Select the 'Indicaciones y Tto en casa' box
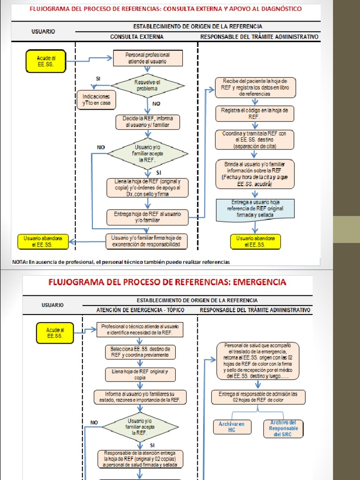pyautogui.click(x=96, y=99)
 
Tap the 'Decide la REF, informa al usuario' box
pyautogui.click(x=148, y=122)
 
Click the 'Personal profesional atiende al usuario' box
pyautogui.click(x=148, y=58)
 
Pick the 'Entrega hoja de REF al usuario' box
pyautogui.click(x=148, y=217)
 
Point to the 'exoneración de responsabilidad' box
pyautogui.click(x=147, y=241)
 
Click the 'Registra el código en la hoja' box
pyautogui.click(x=255, y=113)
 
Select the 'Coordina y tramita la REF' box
pyautogui.click(x=255, y=140)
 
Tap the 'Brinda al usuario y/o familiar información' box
pyautogui.click(x=255, y=174)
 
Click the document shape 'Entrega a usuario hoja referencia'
pyautogui.click(x=255, y=209)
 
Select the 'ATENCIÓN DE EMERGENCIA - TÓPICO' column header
pyautogui.click(x=139, y=310)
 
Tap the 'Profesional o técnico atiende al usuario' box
pyautogui.click(x=140, y=330)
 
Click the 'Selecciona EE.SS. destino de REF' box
pyautogui.click(x=140, y=352)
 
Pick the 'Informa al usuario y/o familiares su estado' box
pyautogui.click(x=140, y=397)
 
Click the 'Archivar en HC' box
pyautogui.click(x=232, y=427)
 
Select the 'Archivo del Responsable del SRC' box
pyautogui.click(x=284, y=428)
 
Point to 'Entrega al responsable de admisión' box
pyautogui.click(x=259, y=397)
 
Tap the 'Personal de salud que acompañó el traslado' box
pyautogui.click(x=258, y=361)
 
